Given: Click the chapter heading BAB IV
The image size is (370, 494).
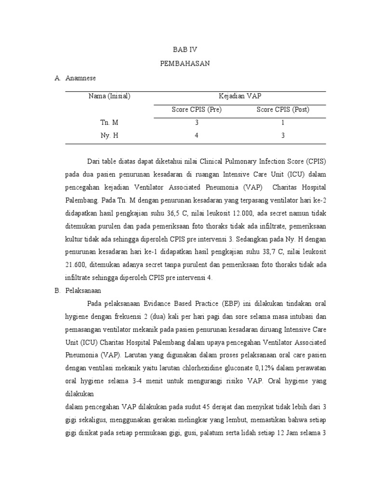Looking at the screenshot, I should pyautogui.click(x=185, y=50).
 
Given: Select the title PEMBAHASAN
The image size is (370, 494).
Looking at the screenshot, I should pyautogui.click(x=185, y=64).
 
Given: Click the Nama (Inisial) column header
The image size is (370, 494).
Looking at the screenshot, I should pyautogui.click(x=109, y=96).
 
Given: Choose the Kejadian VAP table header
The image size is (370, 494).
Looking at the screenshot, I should pyautogui.click(x=240, y=96).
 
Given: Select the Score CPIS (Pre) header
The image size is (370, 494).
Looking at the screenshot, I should pyautogui.click(x=197, y=110).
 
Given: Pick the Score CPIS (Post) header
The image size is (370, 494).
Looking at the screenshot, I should pyautogui.click(x=283, y=110).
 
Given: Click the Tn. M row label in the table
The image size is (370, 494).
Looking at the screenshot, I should pyautogui.click(x=109, y=123).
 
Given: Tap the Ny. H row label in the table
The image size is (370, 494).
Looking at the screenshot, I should pyautogui.click(x=109, y=136).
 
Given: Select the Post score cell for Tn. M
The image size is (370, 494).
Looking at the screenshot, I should pyautogui.click(x=283, y=123).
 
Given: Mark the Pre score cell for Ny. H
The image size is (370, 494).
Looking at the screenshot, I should pyautogui.click(x=197, y=136).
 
